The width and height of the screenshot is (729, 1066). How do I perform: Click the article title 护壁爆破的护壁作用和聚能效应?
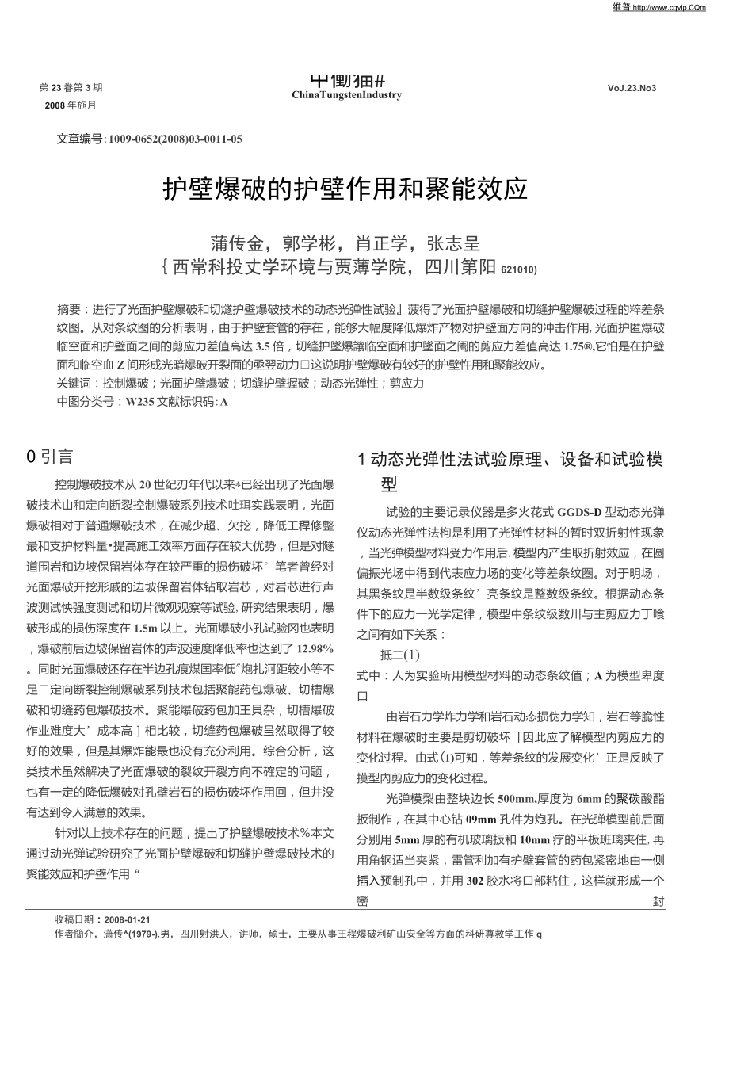pos(345,189)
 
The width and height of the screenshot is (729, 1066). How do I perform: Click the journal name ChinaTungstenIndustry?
pos(346,95)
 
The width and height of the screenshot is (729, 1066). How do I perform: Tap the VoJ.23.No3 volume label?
pos(632,88)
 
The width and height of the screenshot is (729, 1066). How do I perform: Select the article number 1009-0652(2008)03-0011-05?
pos(175,139)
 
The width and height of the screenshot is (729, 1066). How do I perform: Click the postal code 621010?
pos(518,269)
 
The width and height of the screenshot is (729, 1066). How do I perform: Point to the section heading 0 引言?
pos(49,457)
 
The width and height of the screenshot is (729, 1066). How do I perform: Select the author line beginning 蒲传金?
pos(345,243)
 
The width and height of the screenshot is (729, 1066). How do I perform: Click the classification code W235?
pos(139,402)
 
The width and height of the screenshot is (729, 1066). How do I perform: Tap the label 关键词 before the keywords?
pos(74,383)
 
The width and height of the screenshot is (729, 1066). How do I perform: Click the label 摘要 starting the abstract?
pos(69,308)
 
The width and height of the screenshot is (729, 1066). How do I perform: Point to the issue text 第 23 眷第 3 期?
pos(71,87)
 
